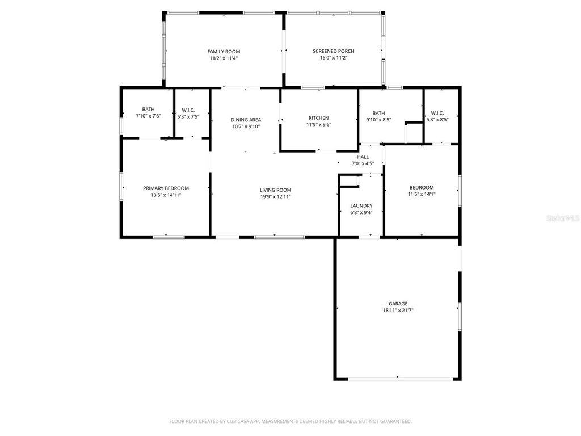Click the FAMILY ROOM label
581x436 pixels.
224,52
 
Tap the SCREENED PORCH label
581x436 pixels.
334,51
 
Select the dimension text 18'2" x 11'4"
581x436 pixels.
224,58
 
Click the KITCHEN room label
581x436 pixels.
318,118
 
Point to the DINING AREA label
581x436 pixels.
246,120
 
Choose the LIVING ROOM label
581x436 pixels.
275,190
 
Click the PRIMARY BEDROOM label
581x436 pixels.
166,188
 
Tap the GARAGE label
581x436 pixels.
398,304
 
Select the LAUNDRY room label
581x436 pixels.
361,206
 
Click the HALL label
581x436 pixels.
363,157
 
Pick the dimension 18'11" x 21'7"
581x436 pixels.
398,311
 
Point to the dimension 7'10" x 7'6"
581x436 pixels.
148,116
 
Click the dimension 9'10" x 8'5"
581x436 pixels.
378,120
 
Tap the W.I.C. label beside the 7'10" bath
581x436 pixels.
188,110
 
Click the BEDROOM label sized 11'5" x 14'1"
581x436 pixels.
422,188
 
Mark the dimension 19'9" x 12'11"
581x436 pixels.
275,197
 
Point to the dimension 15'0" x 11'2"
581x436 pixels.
334,58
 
